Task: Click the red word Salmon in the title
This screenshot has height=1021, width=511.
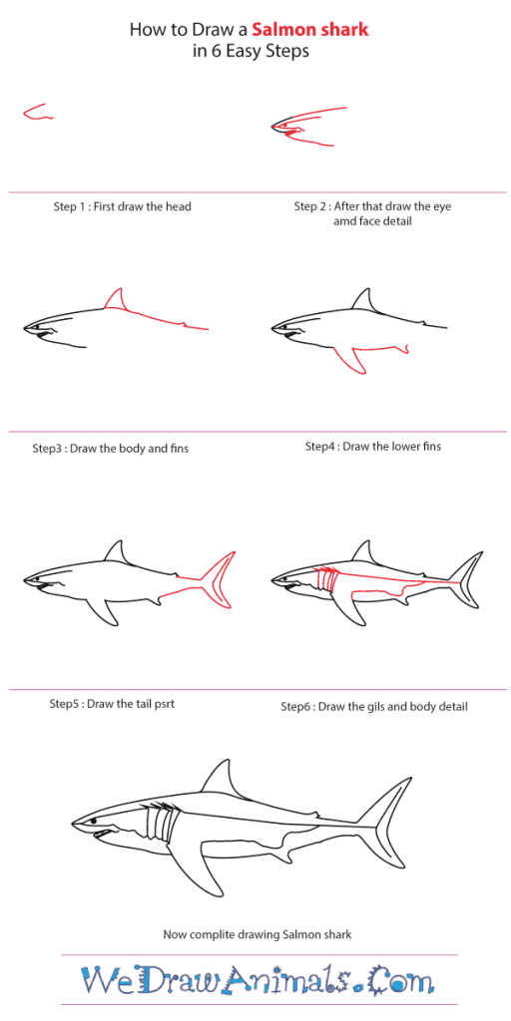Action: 281,30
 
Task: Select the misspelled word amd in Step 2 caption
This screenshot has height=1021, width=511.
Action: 345,221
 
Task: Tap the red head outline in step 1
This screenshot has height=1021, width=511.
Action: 35,113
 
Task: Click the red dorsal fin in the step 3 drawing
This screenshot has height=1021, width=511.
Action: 117,301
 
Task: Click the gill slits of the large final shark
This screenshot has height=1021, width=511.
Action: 159,825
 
